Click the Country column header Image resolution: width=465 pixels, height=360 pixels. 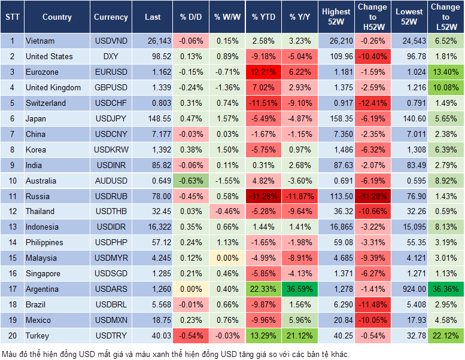pos(57,17)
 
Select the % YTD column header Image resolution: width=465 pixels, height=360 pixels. pos(263,17)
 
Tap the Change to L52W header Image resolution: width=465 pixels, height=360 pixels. pos(445,17)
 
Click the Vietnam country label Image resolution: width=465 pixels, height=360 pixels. pos(40,41)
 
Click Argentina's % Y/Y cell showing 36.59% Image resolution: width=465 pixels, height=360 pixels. pos(300,289)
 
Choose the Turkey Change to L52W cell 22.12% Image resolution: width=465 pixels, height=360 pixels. pos(445,335)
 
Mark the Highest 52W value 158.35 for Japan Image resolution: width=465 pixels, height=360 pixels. pos(336,118)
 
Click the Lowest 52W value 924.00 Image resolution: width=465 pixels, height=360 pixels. pos(410,289)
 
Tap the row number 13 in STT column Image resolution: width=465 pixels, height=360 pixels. pos(11,227)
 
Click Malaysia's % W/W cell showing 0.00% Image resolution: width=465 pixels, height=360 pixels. pos(227,258)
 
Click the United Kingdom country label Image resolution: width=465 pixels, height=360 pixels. pos(53,87)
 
